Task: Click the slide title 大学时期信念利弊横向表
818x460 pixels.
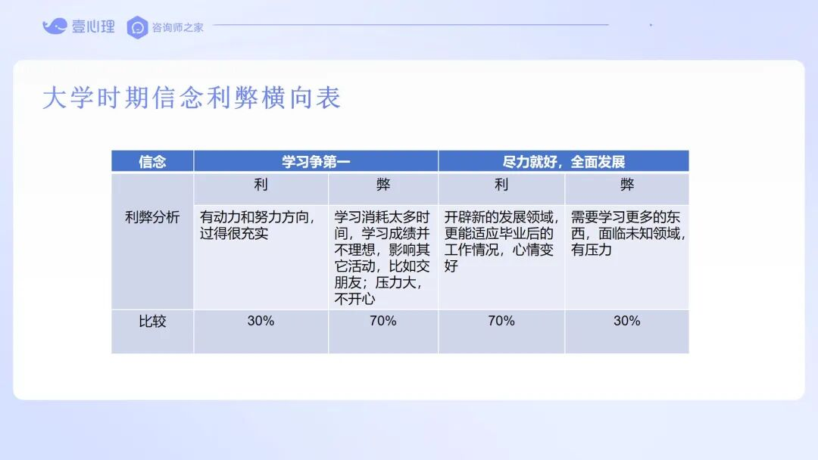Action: [x=192, y=98]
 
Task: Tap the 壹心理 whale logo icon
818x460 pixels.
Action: [x=55, y=26]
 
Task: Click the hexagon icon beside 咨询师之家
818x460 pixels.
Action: [x=138, y=27]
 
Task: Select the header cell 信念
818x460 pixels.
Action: [x=152, y=162]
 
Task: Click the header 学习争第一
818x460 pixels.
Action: [x=316, y=162]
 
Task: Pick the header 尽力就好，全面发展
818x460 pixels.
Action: [x=564, y=162]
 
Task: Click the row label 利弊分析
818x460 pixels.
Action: [x=152, y=217]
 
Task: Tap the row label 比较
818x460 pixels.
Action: [x=152, y=322]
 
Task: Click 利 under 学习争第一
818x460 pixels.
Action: [x=261, y=185]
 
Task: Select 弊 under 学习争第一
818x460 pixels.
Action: [x=383, y=185]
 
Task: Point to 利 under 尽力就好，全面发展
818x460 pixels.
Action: [x=501, y=185]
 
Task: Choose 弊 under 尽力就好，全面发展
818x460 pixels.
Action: [x=627, y=185]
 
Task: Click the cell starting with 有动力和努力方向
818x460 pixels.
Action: [x=258, y=225]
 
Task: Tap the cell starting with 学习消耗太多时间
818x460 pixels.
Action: [x=382, y=258]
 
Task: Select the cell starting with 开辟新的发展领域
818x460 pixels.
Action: [x=501, y=241]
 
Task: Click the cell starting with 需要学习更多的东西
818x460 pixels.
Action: [x=628, y=233]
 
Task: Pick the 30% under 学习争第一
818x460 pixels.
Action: [x=261, y=321]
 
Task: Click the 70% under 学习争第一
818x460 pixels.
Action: [x=383, y=321]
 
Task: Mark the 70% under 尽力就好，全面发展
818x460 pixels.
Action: [x=501, y=321]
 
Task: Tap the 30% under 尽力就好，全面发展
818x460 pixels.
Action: [x=627, y=321]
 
